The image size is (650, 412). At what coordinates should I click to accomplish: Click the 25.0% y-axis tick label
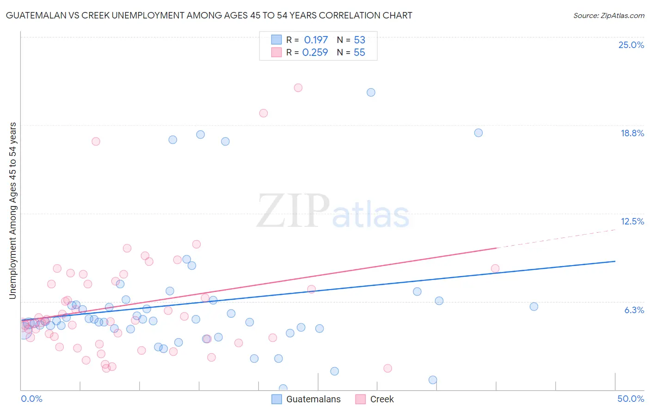pos(631,45)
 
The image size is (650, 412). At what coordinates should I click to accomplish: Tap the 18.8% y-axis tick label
pos(632,133)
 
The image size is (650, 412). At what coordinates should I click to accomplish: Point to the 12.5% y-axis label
pos(632,221)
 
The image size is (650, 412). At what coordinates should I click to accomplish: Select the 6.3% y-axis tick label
pos(634,310)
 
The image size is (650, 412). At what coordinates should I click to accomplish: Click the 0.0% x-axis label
pos(31,399)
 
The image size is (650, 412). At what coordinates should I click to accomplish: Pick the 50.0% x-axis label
pos(631,399)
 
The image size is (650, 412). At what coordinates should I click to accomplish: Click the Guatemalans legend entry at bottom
pos(306,399)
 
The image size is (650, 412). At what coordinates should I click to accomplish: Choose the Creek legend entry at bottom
pos(374,399)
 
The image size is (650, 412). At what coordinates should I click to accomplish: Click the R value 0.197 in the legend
pos(316,40)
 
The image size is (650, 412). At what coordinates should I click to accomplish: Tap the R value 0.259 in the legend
pos(315,53)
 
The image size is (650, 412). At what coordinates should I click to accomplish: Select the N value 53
pos(359,40)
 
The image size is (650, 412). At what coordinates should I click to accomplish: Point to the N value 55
pos(359,53)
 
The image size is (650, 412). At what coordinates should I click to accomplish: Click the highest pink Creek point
pos(298,88)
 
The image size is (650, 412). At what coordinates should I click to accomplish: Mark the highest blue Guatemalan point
pos(371,92)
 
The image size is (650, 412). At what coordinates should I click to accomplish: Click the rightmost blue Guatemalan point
pos(534,307)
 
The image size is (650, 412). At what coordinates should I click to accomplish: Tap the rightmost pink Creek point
pos(495,269)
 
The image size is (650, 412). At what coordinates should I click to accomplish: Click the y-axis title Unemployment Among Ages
pos(12,210)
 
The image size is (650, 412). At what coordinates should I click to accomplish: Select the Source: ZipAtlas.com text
pos(608,16)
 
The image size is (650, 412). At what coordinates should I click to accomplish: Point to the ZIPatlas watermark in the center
pos(333,212)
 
